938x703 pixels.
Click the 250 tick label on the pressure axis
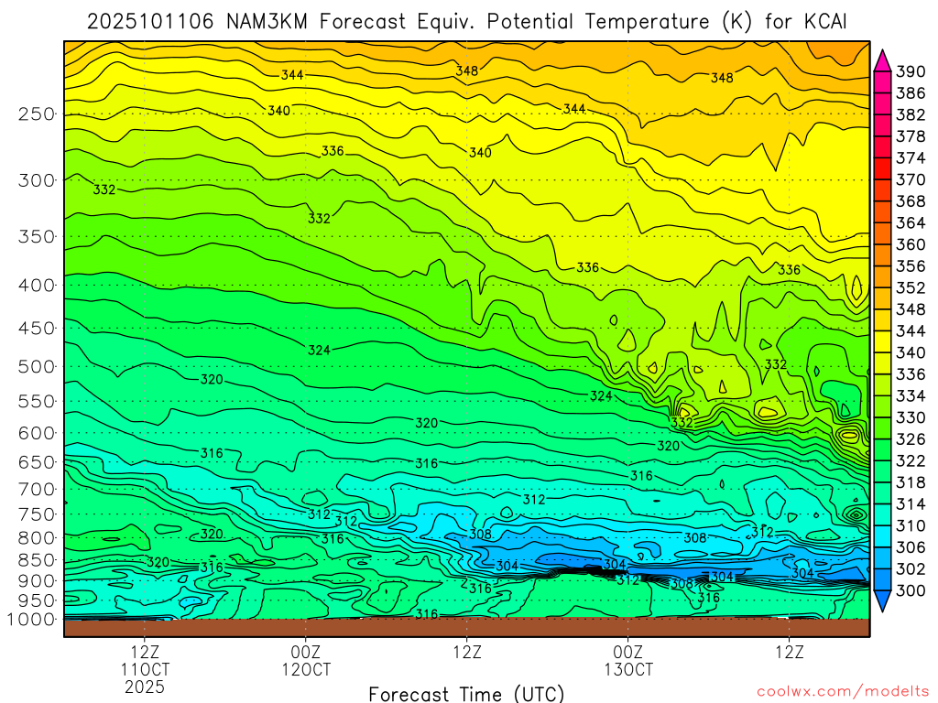37,114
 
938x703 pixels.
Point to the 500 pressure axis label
37,367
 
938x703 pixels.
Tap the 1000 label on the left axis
32,620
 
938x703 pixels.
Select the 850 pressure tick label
37,560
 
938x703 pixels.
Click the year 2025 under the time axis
145,686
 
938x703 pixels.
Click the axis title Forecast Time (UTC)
466,693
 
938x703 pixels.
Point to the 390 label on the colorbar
910,71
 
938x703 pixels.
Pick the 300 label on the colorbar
910,591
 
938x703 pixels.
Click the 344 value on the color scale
910,330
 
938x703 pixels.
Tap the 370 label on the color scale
910,179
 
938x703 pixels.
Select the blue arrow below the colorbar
882,601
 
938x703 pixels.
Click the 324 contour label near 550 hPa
600,396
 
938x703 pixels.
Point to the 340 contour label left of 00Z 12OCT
278,111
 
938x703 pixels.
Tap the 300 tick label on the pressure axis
37,180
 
